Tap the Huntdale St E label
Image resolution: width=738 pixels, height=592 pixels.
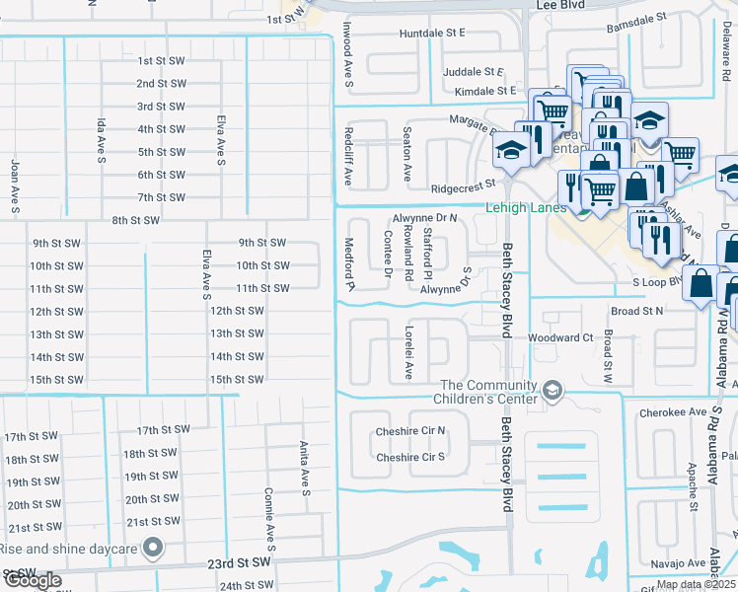pyautogui.click(x=432, y=33)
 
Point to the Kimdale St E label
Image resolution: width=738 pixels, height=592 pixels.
pyautogui.click(x=480, y=91)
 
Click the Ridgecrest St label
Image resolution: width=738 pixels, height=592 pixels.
pyautogui.click(x=462, y=186)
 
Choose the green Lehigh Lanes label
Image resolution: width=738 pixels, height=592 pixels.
pyautogui.click(x=525, y=207)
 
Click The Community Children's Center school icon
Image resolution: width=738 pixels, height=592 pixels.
pyautogui.click(x=553, y=392)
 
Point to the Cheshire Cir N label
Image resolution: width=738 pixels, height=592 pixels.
pyautogui.click(x=410, y=431)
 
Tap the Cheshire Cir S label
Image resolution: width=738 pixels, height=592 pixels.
pyautogui.click(x=410, y=457)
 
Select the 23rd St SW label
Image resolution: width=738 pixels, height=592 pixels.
pyautogui.click(x=241, y=561)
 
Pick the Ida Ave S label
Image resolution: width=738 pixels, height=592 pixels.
pyautogui.click(x=101, y=139)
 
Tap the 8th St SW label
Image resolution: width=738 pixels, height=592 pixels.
pyautogui.click(x=136, y=220)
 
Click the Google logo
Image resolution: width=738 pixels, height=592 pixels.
pyautogui.click(x=33, y=580)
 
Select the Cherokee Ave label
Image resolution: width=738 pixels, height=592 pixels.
pyautogui.click(x=673, y=412)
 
